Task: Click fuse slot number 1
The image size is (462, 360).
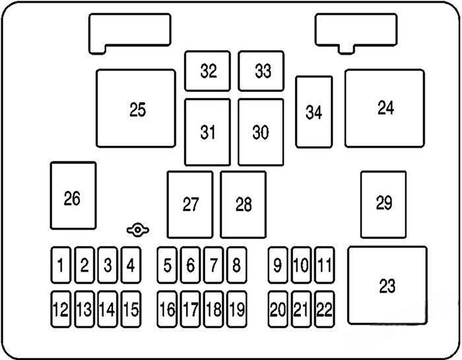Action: [61, 266]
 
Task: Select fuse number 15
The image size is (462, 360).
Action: [131, 308]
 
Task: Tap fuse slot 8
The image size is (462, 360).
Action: [236, 266]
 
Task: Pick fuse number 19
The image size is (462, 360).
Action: [236, 308]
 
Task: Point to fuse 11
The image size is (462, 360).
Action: [323, 266]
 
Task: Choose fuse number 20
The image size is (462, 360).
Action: [278, 308]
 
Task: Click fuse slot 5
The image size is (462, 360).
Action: [168, 266]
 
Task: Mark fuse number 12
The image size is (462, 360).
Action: [61, 308]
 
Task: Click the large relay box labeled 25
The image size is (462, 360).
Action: [137, 109]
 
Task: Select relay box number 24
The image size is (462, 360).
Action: [385, 108]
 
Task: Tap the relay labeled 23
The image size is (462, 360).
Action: [387, 285]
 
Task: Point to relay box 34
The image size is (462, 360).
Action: [313, 112]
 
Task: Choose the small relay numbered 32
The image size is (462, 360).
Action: [208, 71]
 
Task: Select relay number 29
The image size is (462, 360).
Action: [383, 204]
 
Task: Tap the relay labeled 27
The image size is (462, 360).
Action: [190, 204]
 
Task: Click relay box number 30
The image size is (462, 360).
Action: [261, 132]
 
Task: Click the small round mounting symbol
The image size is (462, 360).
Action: [138, 230]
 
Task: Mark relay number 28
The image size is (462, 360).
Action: [244, 204]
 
